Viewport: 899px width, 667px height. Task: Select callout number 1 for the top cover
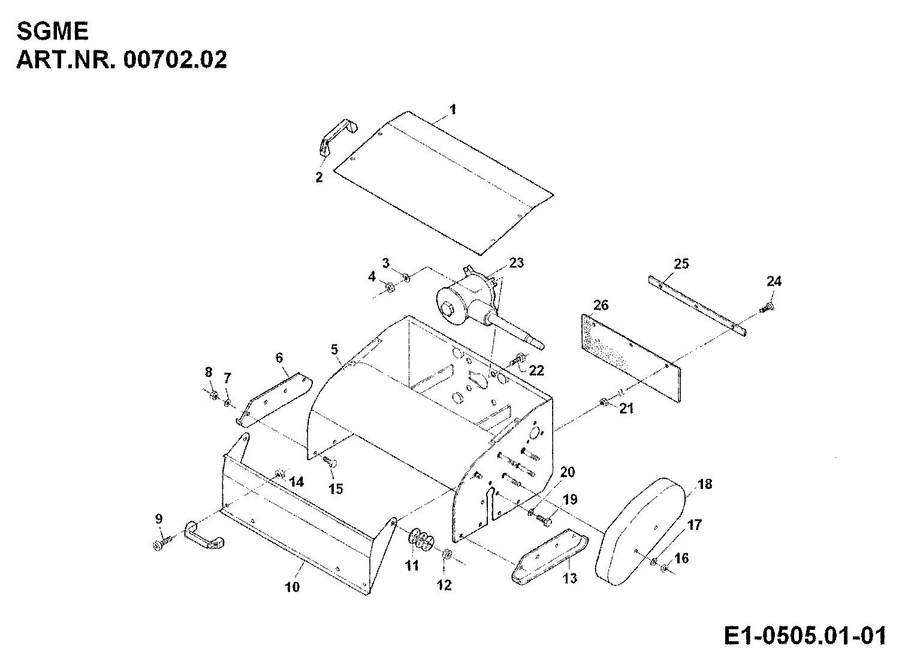click(x=453, y=109)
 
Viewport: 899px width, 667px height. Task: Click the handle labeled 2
click(x=336, y=135)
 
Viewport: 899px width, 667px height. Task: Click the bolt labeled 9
click(x=162, y=544)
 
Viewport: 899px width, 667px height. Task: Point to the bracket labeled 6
click(x=276, y=399)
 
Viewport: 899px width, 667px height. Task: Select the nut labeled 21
click(x=602, y=401)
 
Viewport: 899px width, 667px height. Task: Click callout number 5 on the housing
click(x=334, y=348)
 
